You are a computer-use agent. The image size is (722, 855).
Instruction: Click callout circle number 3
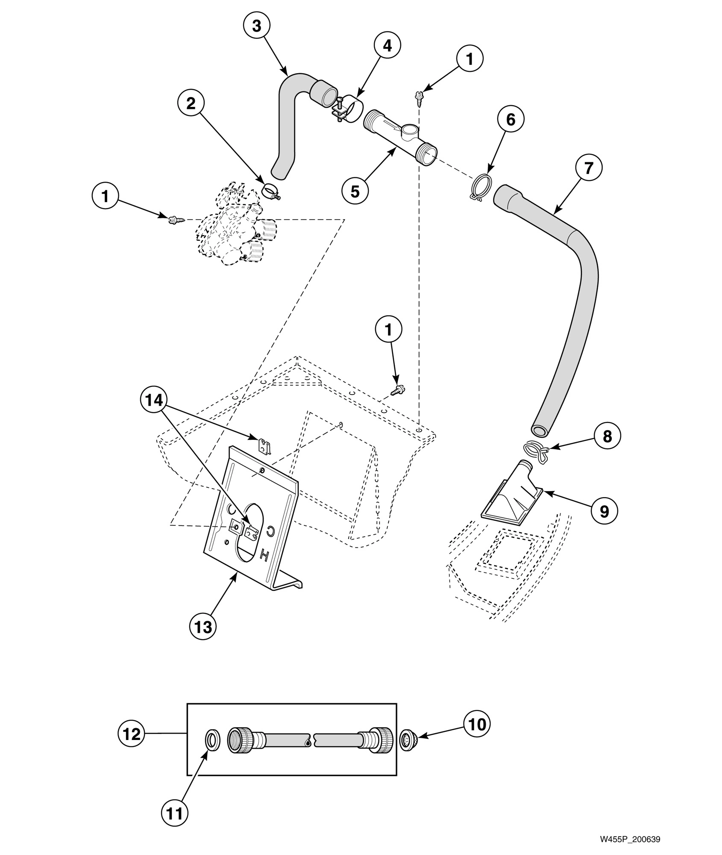[x=256, y=26]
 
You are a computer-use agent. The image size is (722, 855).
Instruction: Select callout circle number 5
[x=355, y=191]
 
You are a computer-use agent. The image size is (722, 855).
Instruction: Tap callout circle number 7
[x=589, y=168]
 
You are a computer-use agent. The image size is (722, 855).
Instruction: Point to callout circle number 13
[x=203, y=627]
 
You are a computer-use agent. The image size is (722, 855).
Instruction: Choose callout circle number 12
[x=132, y=734]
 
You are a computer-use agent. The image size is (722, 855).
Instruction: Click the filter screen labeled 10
[x=409, y=737]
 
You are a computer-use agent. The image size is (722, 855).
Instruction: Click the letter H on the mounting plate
[x=264, y=556]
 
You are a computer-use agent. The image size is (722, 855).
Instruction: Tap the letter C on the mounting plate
[x=270, y=531]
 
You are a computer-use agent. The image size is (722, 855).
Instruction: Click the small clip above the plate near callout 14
[x=266, y=447]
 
